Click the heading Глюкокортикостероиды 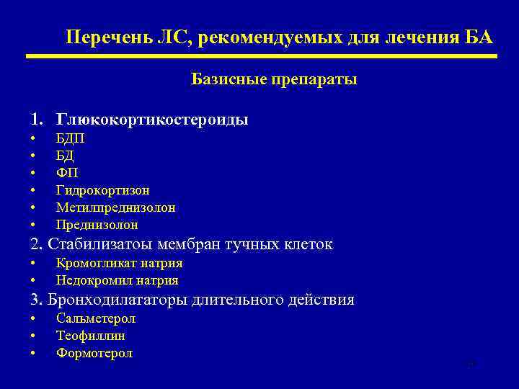[152, 120]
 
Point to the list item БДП [70, 138]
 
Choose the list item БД [65, 156]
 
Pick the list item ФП [66, 173]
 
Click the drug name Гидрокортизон [103, 190]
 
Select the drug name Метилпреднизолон [115, 207]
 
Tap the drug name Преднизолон [97, 225]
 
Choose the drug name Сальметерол [96, 318]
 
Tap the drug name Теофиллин [91, 336]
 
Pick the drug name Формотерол [94, 353]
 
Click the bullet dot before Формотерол [32, 354]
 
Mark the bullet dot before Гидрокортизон [32, 191]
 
